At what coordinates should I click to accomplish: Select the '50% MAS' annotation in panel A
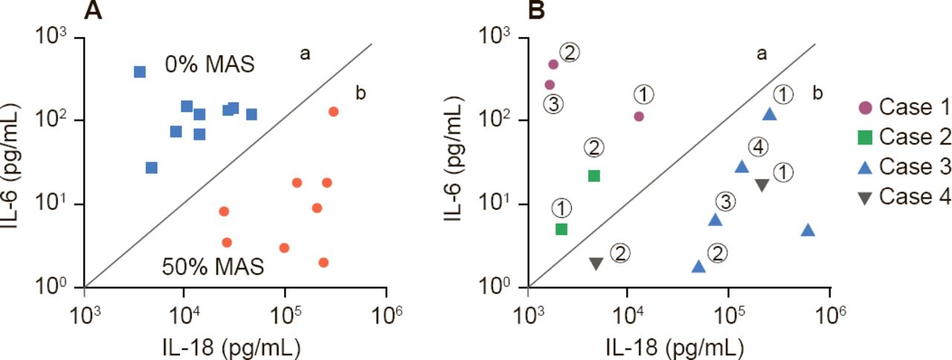[213, 266]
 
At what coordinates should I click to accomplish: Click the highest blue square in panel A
[140, 71]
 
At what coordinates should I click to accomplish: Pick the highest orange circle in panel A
[333, 112]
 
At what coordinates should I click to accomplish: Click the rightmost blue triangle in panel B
[808, 231]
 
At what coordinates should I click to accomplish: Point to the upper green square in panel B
[594, 176]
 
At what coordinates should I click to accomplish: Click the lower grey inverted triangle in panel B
[596, 263]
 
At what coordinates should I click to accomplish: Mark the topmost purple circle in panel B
[553, 64]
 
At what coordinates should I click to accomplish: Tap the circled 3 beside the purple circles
[553, 104]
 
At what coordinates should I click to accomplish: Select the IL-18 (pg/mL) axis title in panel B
[680, 346]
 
